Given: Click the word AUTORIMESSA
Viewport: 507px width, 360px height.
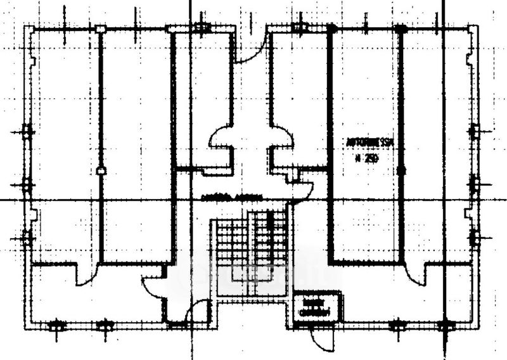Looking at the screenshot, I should point(369,144).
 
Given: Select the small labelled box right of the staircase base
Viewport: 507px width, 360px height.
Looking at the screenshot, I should point(316,306).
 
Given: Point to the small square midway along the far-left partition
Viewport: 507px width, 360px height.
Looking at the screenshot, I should point(101,170).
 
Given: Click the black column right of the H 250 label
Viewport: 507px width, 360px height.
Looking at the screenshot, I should point(401,170).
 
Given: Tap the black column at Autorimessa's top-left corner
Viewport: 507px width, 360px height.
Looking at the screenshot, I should point(330,29).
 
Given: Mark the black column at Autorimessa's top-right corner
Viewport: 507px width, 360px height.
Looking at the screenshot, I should point(400,29).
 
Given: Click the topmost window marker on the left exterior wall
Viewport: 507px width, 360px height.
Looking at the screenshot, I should point(27,132).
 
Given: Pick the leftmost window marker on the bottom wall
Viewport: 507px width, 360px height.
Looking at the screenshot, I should point(56,326).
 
